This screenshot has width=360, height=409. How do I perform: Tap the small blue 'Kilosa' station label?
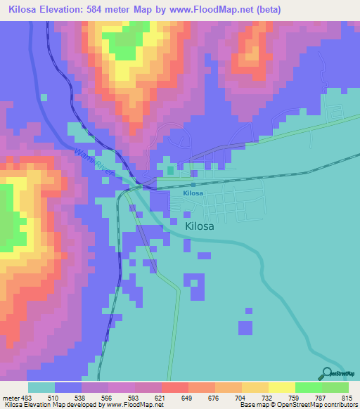click(x=193, y=193)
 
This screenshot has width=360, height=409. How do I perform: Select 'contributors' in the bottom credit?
click(x=339, y=405)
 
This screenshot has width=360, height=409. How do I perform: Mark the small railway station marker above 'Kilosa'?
click(x=193, y=185)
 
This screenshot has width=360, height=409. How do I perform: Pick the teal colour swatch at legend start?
click(x=41, y=387)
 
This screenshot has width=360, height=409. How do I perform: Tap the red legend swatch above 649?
click(x=174, y=387)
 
